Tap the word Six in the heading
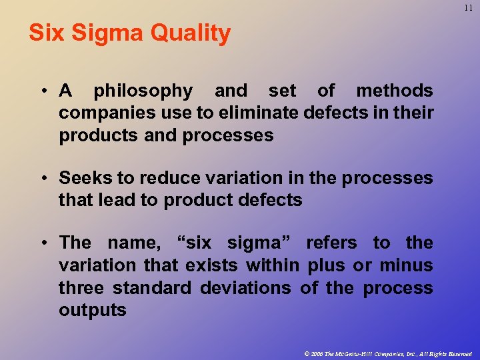[x=45, y=33]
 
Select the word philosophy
[x=143, y=91]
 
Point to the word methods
[x=394, y=91]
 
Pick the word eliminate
[x=258, y=113]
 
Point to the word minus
[x=406, y=265]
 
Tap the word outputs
[x=93, y=311]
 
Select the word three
[x=83, y=288]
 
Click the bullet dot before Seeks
[x=43, y=179]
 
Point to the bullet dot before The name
[x=43, y=243]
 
